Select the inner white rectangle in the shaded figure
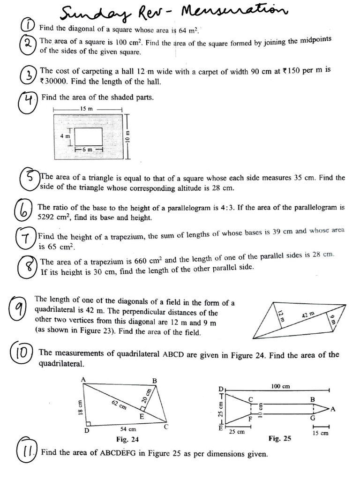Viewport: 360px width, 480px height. pyautogui.click(x=89, y=136)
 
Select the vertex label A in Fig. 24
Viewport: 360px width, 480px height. pyautogui.click(x=83, y=379)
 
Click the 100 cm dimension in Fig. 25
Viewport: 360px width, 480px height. pyautogui.click(x=280, y=386)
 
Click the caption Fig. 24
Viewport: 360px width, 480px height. pyautogui.click(x=127, y=439)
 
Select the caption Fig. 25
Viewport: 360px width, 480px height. pyautogui.click(x=279, y=439)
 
